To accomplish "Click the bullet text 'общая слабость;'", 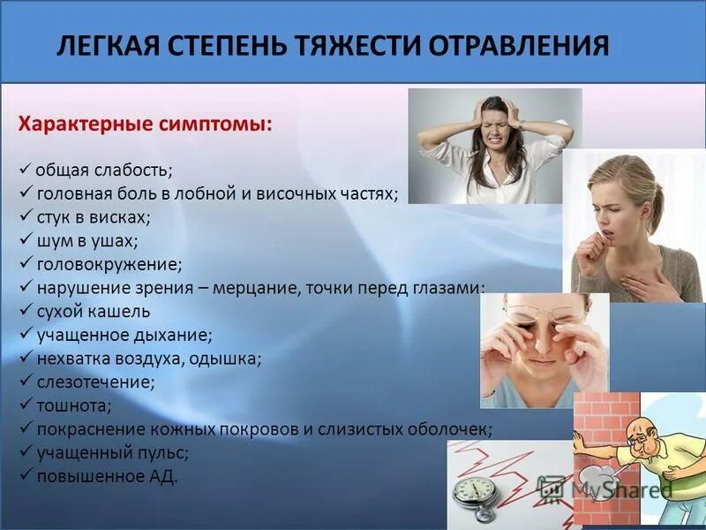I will [x=104, y=169].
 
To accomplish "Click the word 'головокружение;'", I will [x=109, y=263].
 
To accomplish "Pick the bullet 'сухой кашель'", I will [x=93, y=311].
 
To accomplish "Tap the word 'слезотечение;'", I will [x=95, y=382].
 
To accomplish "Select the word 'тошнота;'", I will [x=74, y=406].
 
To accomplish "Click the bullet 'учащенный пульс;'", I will [x=112, y=453].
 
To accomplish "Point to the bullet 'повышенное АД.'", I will [x=107, y=477].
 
